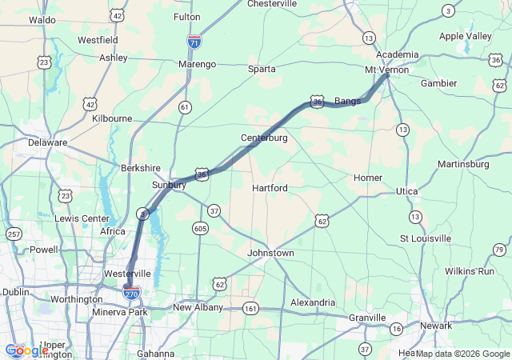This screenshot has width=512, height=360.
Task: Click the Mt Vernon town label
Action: tap(386, 70)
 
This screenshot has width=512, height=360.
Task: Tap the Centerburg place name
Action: tap(264, 138)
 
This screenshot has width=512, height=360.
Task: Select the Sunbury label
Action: tap(169, 185)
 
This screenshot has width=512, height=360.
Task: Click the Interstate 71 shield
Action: tap(194, 39)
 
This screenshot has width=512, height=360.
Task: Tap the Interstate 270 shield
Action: tap(132, 293)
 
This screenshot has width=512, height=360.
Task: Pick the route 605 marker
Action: tap(200, 229)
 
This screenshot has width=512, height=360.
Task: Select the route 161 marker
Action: tap(251, 307)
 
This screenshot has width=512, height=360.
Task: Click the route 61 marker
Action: tap(185, 107)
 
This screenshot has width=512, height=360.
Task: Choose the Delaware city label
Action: tap(47, 142)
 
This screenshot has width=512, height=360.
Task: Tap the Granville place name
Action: tap(367, 318)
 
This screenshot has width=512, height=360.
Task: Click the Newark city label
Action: tap(437, 326)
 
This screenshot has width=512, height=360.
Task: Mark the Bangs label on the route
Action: tap(347, 101)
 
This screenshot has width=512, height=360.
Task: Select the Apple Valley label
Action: tap(466, 37)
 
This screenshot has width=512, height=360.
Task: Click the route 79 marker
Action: tap(499, 250)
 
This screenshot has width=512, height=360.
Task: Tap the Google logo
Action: tap(26, 350)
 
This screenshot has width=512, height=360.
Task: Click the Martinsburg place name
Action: tap(463, 164)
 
